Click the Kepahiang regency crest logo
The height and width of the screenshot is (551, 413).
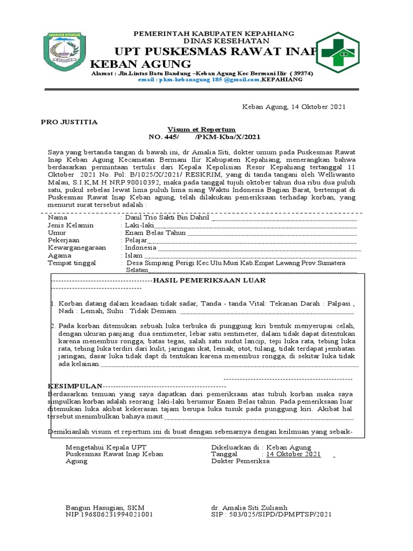click(65, 54)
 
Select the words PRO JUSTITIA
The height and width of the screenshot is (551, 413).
click(69, 122)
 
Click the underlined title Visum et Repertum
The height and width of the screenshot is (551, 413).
click(201, 130)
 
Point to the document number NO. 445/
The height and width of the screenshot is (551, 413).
click(164, 138)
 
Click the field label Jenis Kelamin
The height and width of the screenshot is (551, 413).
click(70, 225)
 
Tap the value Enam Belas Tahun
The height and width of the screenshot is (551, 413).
click(155, 232)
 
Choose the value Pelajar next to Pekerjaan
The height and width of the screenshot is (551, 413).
click(136, 240)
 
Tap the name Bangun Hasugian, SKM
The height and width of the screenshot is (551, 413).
click(105, 507)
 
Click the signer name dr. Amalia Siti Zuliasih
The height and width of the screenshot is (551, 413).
click(249, 507)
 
